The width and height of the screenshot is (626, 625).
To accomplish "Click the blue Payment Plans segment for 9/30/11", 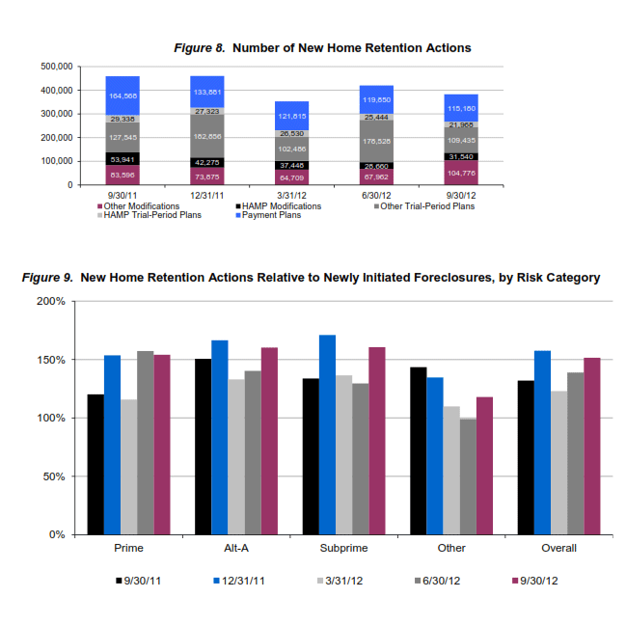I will (122, 95).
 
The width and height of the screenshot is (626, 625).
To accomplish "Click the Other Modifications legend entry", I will (140, 205).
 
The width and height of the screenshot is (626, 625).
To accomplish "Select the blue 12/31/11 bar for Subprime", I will (328, 434).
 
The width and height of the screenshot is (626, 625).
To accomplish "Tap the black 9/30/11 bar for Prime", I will (95, 464).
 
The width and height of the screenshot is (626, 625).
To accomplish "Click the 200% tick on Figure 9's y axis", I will (52, 302).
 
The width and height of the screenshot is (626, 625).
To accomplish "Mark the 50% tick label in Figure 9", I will (55, 476).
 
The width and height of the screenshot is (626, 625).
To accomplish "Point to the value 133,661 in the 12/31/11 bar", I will (208, 93).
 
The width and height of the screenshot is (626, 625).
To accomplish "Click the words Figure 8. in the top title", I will (200, 46).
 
